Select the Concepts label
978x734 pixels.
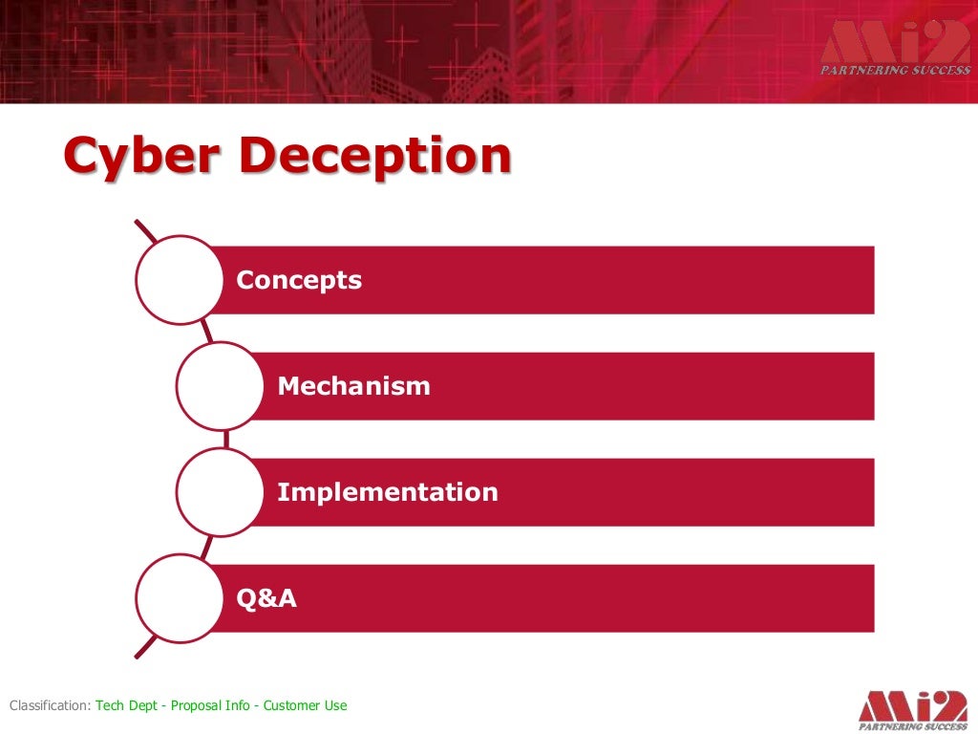click(x=299, y=280)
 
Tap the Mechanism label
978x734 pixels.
click(x=353, y=386)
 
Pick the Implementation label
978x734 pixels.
click(x=387, y=492)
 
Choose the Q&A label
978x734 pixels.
click(x=266, y=598)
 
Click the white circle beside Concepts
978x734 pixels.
click(x=179, y=280)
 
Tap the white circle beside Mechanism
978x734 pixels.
click(x=220, y=386)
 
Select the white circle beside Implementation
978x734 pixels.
click(x=220, y=492)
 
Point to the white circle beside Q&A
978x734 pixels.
click(x=179, y=598)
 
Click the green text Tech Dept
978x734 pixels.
click(x=127, y=706)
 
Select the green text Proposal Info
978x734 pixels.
click(x=210, y=706)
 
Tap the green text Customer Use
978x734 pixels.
click(x=306, y=706)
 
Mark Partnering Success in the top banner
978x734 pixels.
click(x=895, y=69)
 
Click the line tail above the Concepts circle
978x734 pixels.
click(x=145, y=230)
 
